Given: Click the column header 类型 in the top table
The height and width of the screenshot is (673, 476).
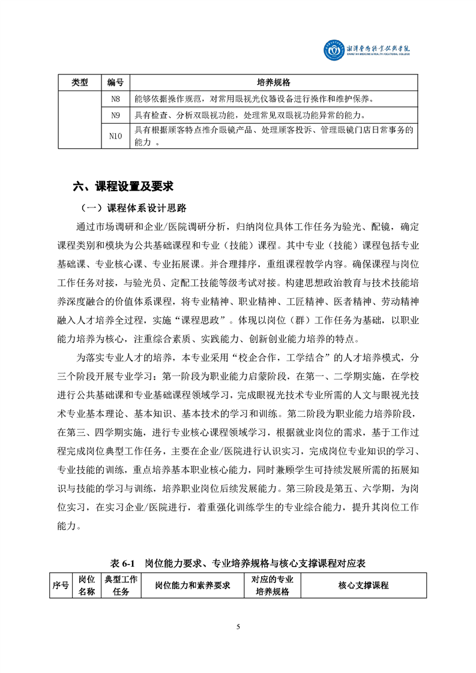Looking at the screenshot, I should pyautogui.click(x=79, y=82).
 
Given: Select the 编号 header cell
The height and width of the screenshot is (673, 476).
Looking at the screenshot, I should pyautogui.click(x=115, y=82).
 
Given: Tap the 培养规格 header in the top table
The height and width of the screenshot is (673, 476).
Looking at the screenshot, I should pyautogui.click(x=273, y=82).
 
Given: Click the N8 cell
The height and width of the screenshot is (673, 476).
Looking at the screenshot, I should pyautogui.click(x=115, y=98).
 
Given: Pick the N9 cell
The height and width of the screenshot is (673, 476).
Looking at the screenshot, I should pyautogui.click(x=115, y=115).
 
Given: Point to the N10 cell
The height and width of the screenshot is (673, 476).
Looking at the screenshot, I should pyautogui.click(x=115, y=136).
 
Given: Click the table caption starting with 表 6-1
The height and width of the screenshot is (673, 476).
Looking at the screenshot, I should pyautogui.click(x=238, y=564).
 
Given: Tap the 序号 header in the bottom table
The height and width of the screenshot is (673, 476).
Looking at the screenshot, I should pyautogui.click(x=61, y=585).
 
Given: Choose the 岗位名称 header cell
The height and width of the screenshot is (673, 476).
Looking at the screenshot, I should pyautogui.click(x=86, y=585).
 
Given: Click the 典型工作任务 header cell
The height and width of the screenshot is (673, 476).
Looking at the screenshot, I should pyautogui.click(x=121, y=585).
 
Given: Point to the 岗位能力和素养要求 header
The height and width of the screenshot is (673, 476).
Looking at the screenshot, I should pyautogui.click(x=192, y=585).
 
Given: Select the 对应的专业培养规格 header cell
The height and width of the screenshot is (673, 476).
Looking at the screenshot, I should pyautogui.click(x=273, y=585).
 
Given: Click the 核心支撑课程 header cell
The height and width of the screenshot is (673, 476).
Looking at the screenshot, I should pyautogui.click(x=364, y=585).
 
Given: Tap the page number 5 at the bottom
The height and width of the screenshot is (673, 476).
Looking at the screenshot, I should pyautogui.click(x=238, y=627).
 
